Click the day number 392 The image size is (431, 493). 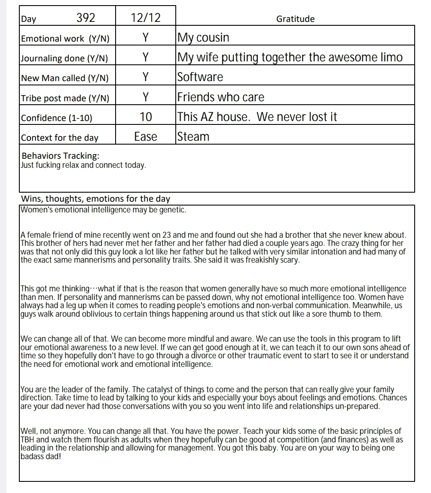tap(86, 18)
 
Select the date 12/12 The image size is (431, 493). tap(145, 18)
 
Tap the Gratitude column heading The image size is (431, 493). tap(295, 19)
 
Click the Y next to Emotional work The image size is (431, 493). tap(145, 38)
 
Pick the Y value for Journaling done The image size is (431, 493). tap(145, 57)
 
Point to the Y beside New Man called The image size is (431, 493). tap(145, 77)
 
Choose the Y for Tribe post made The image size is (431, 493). tap(145, 97)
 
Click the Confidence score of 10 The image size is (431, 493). tap(145, 117)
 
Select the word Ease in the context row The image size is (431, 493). tap(145, 137)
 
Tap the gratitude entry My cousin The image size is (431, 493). tap(203, 38)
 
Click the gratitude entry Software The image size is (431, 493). tap(200, 77)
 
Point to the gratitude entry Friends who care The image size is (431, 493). tap(221, 97)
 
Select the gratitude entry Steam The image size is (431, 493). tap(193, 137)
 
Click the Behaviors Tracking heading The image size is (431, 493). tap(60, 156)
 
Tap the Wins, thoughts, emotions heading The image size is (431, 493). tap(96, 199)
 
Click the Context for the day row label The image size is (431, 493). tap(60, 138)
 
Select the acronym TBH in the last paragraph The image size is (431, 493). tap(28, 440)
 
